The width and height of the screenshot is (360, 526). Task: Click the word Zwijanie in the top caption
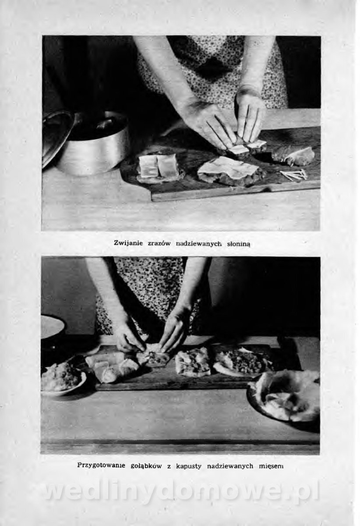[128, 243]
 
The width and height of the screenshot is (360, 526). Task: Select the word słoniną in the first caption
[239, 244]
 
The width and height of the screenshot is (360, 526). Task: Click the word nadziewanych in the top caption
[199, 244]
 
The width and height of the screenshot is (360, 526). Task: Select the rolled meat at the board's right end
[293, 155]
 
